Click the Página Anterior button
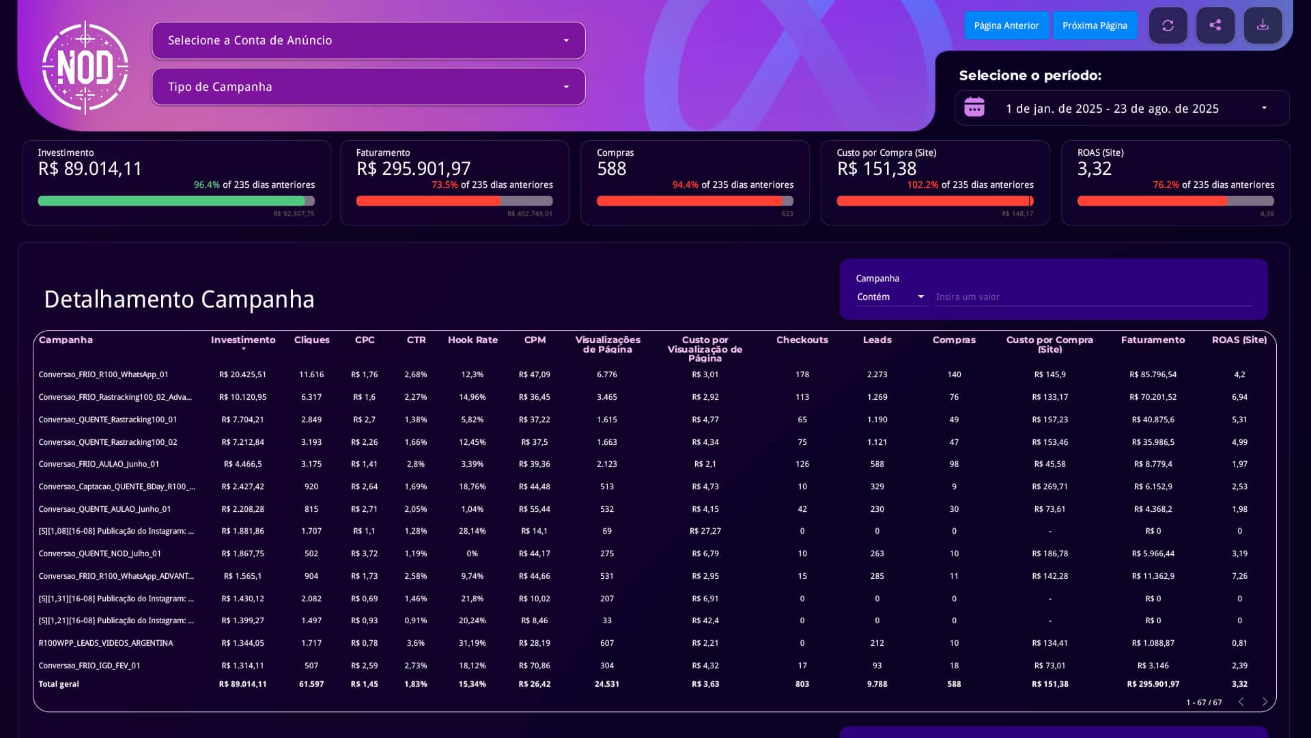click(1006, 25)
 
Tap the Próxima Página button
click(1095, 25)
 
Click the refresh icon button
click(1168, 25)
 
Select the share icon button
click(1215, 25)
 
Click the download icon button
click(1263, 25)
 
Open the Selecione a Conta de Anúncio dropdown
click(369, 40)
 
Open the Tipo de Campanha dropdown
click(369, 87)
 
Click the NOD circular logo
click(85, 68)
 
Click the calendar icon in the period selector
click(974, 107)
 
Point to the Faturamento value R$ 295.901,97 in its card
click(413, 169)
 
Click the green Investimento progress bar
click(171, 201)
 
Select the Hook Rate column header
click(473, 340)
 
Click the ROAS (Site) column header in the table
click(1239, 340)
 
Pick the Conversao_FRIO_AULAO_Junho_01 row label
click(99, 464)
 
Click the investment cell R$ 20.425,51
click(242, 374)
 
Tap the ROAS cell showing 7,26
click(1239, 576)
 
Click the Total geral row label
click(59, 684)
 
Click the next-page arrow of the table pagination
click(1265, 702)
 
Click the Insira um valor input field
click(1093, 297)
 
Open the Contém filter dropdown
click(891, 297)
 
